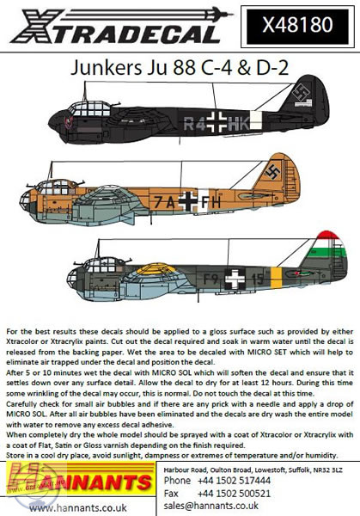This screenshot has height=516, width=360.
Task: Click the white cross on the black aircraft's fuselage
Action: coord(217,122)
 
